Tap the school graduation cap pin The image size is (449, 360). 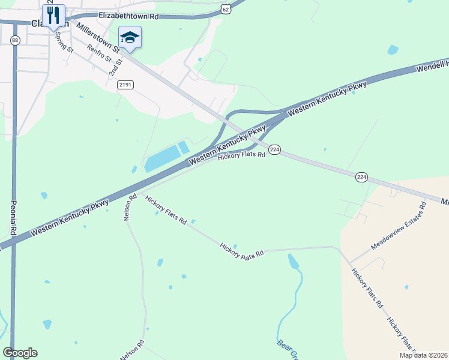click(130, 37)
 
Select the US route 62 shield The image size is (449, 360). click(225, 9)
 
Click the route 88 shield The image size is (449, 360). click(15, 40)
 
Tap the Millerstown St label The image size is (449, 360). click(99, 38)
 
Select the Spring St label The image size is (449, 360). click(63, 41)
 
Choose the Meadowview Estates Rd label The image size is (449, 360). click(398, 226)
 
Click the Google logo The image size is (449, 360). click(20, 353)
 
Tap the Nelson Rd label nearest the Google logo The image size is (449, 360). click(132, 350)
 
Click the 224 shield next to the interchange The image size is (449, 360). click(274, 149)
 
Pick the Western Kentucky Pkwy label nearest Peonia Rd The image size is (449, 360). click(70, 217)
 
